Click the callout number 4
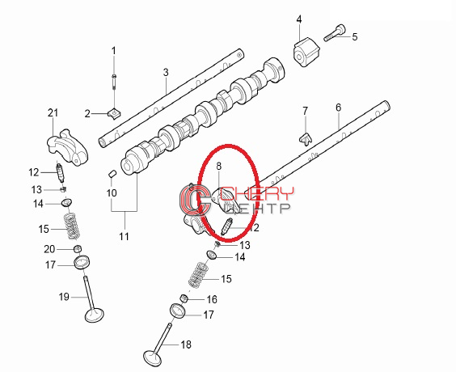(x=299, y=19)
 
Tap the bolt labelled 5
(x=335, y=34)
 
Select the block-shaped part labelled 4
(x=306, y=52)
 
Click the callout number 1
(x=114, y=51)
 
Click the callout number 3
(x=166, y=72)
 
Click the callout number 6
(x=338, y=108)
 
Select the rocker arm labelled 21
(x=67, y=148)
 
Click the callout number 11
(x=124, y=236)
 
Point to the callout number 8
(x=218, y=166)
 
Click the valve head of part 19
(x=95, y=315)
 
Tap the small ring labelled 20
(x=78, y=249)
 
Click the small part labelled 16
(x=184, y=298)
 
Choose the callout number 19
(x=64, y=297)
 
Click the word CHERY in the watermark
(x=257, y=193)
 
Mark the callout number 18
(x=186, y=345)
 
